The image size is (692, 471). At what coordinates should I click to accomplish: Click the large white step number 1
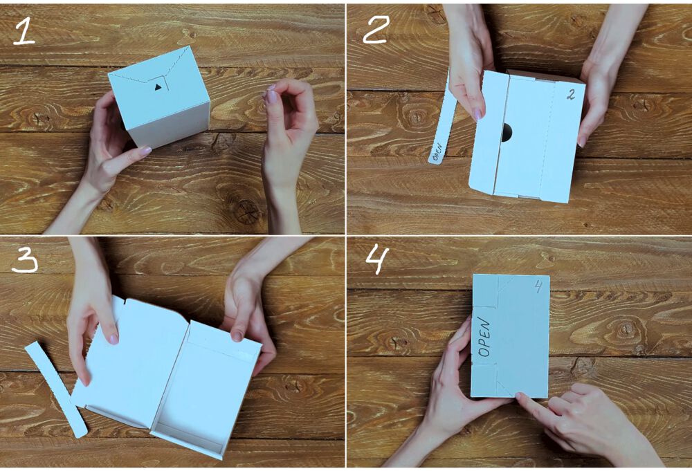coord(24,33)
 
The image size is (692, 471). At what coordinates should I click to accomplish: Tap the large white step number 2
coord(376,30)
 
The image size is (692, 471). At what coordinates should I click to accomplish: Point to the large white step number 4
coord(378,260)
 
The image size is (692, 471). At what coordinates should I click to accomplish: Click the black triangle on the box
coord(158,87)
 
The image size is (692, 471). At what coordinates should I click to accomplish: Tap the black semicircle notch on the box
coord(507,132)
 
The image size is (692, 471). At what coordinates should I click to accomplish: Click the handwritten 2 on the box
coord(571,94)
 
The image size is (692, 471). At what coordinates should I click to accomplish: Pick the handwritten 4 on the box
coord(538,286)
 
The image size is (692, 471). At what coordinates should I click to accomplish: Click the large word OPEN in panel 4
coord(484,337)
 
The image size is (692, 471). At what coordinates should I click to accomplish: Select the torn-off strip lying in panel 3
coord(55,389)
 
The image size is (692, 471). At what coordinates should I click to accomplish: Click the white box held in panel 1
coord(160,96)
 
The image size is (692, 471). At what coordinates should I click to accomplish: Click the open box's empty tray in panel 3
coord(206,388)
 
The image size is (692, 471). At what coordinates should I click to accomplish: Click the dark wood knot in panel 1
coord(246,211)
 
